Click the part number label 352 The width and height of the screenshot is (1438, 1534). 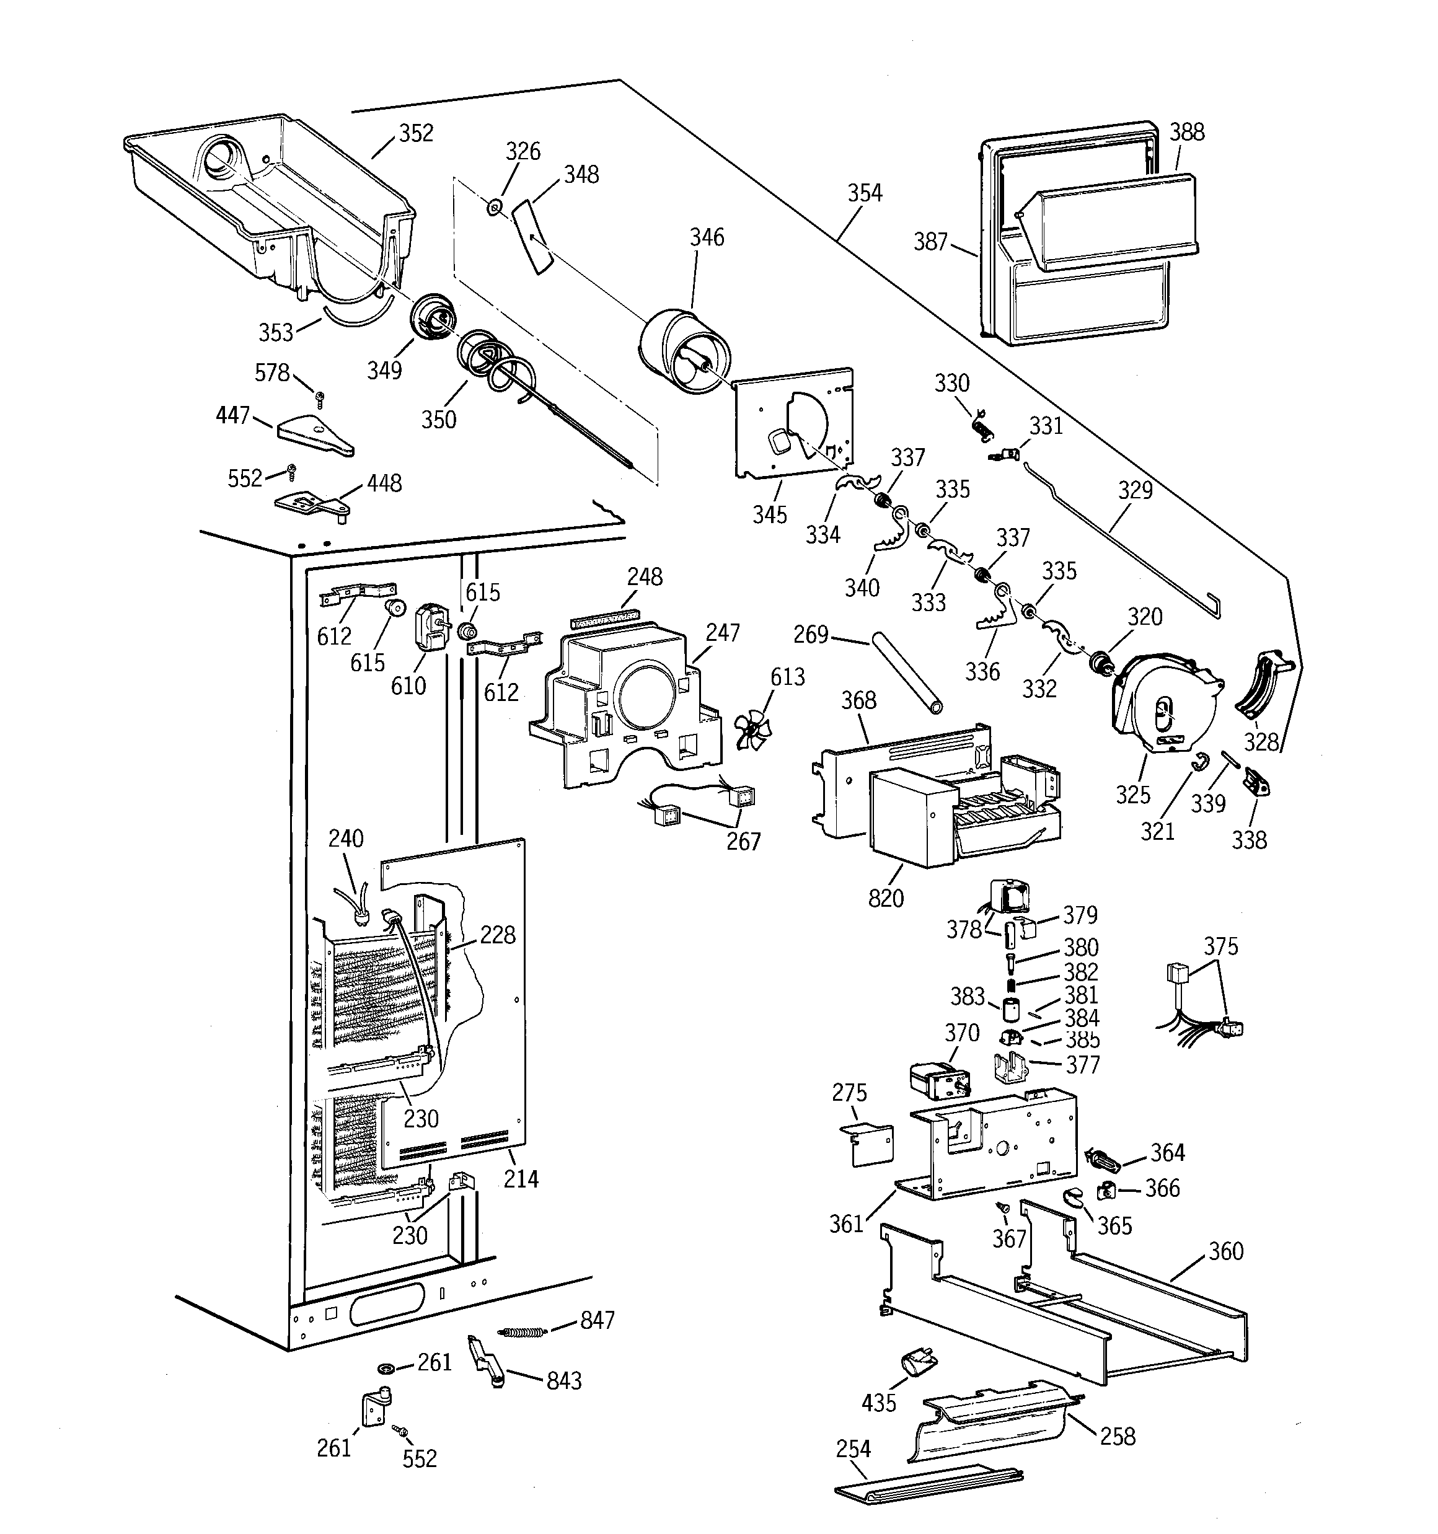(x=415, y=133)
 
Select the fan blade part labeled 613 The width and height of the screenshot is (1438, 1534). (x=749, y=728)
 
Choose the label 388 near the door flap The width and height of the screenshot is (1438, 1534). (x=1186, y=132)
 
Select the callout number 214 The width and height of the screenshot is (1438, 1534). (x=521, y=1178)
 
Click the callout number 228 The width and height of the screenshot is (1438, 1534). (x=497, y=935)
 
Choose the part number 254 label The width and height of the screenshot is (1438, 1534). (x=853, y=1448)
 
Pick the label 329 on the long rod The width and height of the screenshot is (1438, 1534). (x=1136, y=490)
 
